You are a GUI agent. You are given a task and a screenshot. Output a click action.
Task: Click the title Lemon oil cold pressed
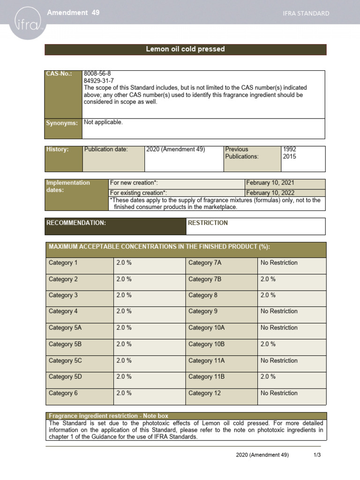pyautogui.click(x=185, y=49)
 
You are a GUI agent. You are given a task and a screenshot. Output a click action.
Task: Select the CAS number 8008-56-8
pyautogui.click(x=97, y=74)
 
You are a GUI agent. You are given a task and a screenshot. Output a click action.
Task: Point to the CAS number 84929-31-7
pyautogui.click(x=98, y=81)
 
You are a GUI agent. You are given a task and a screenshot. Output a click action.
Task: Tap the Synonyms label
pyautogui.click(x=61, y=123)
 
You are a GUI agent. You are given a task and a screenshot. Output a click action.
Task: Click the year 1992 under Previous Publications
pyautogui.click(x=290, y=150)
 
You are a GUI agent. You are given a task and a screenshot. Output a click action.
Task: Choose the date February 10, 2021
pyautogui.click(x=271, y=183)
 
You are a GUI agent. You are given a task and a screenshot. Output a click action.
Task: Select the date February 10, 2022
pyautogui.click(x=271, y=192)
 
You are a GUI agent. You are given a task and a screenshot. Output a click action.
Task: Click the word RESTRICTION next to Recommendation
pyautogui.click(x=208, y=223)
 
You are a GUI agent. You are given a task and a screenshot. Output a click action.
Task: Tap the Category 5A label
pyautogui.click(x=65, y=328)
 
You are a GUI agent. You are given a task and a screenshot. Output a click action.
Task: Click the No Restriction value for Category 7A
pyautogui.click(x=279, y=263)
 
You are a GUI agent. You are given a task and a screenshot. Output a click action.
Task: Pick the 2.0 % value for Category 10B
pyautogui.click(x=268, y=344)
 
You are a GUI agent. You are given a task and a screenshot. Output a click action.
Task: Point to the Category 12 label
pyautogui.click(x=204, y=393)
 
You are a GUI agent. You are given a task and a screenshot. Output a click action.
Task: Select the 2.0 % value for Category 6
pyautogui.click(x=124, y=393)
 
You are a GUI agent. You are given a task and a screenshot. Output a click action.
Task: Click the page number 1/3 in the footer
pyautogui.click(x=317, y=455)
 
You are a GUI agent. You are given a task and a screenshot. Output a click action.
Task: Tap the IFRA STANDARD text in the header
pyautogui.click(x=306, y=14)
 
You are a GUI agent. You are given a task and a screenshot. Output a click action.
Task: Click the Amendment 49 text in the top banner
pyautogui.click(x=73, y=13)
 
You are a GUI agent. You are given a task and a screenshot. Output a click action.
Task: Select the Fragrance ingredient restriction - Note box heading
pyautogui.click(x=108, y=416)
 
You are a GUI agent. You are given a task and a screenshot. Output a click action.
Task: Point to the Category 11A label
pyautogui.click(x=206, y=360)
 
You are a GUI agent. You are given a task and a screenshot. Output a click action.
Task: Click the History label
pyautogui.click(x=57, y=150)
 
